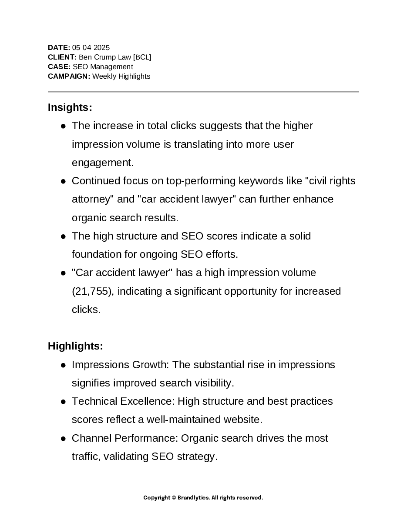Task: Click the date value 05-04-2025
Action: (x=91, y=48)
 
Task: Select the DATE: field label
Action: (x=59, y=48)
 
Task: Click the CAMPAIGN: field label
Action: (x=69, y=77)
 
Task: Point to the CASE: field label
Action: (x=59, y=67)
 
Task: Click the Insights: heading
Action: (x=70, y=107)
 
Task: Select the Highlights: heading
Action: (x=75, y=346)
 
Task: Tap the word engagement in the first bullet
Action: (x=102, y=163)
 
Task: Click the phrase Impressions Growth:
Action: (x=120, y=365)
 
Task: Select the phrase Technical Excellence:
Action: (x=124, y=401)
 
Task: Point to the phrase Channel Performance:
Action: (x=125, y=438)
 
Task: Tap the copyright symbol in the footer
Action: (x=174, y=498)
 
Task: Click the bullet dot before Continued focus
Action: (x=63, y=181)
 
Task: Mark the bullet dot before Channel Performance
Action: (x=63, y=438)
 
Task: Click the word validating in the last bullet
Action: (x=127, y=457)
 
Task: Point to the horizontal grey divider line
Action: (x=203, y=92)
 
